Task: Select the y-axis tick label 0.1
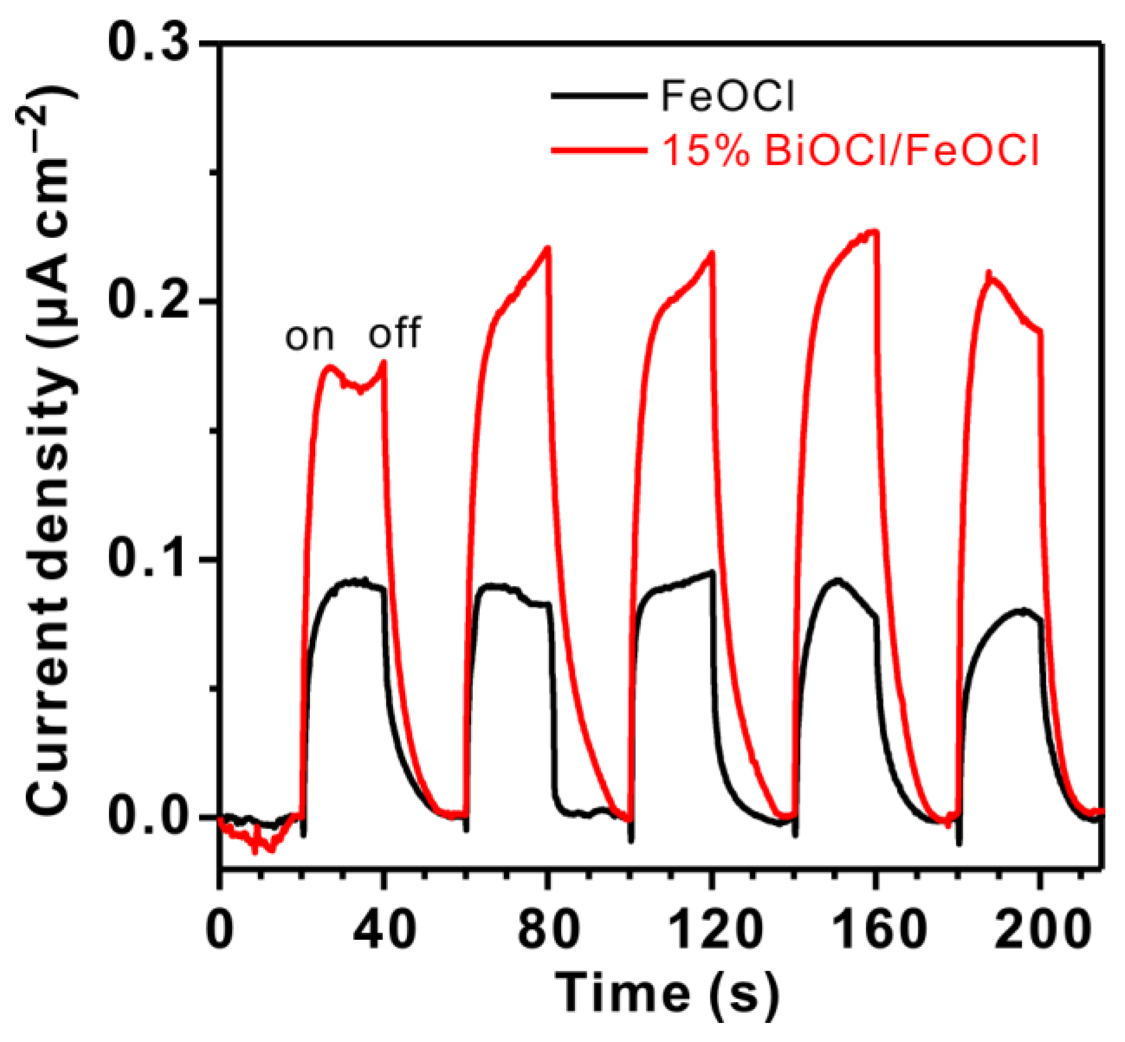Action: (151, 559)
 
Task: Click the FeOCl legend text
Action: (727, 96)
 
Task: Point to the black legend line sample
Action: (598, 96)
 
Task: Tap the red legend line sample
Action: (598, 151)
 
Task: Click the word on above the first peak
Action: (309, 338)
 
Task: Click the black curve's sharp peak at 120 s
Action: (713, 572)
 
